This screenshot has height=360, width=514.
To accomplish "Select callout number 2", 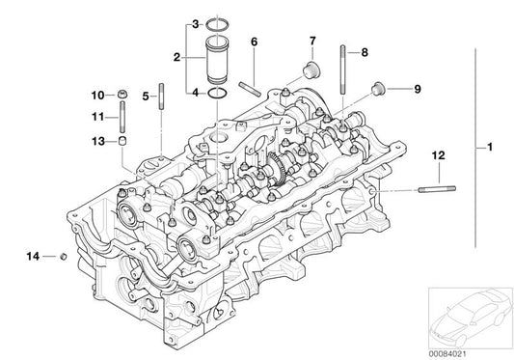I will coord(176,58).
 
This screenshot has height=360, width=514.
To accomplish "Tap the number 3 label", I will coord(196,22).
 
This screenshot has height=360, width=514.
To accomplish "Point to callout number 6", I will coord(254,42).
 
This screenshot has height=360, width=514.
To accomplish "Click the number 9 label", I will coord(418,90).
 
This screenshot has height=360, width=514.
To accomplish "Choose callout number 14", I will coord(32,256).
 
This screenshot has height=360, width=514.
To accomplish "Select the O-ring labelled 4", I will coord(218,94).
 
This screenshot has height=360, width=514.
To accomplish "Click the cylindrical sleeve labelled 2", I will coord(218,60).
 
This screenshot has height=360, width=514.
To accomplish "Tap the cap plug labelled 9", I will coord(377,91).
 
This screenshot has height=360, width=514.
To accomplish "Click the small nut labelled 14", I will coord(62,257).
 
